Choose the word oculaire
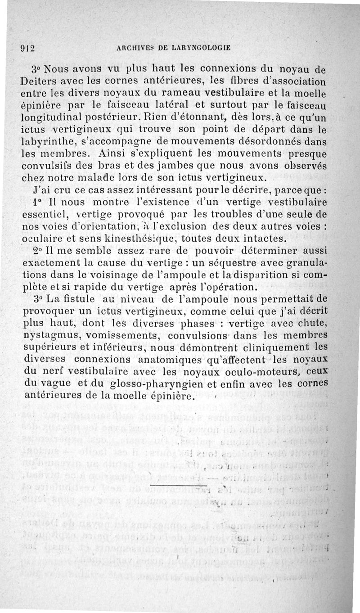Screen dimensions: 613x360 (x=43, y=237)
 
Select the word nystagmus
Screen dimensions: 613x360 (x=48, y=335)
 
